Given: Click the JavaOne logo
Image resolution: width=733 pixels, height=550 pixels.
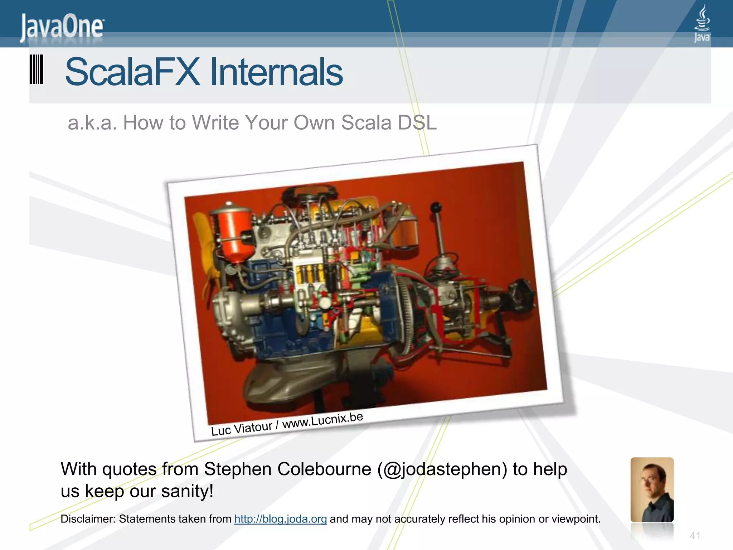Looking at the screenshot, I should coord(62,28).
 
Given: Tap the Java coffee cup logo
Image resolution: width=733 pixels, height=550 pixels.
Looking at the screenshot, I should coord(702,23).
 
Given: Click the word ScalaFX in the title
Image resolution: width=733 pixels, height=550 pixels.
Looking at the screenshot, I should coord(132,72).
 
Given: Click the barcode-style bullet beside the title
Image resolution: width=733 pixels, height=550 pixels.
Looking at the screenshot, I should coord(36,69).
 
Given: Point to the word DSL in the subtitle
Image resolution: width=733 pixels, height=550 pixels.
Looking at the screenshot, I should coord(417,123).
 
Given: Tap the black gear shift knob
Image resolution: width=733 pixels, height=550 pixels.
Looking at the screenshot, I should coord(436,207).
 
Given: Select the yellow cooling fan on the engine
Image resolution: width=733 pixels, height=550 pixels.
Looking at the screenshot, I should coord(208,251).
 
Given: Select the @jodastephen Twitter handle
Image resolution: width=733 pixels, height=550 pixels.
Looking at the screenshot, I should coord(442,469).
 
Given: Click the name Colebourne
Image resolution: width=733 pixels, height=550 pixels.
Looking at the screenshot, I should coord(324,469).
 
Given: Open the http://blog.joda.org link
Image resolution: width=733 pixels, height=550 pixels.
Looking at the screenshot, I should coord(280,519).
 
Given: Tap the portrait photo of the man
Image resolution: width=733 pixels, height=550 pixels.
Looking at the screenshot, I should coord(652,489).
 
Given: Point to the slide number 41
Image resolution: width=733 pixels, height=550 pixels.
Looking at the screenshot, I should coord(695,536).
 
